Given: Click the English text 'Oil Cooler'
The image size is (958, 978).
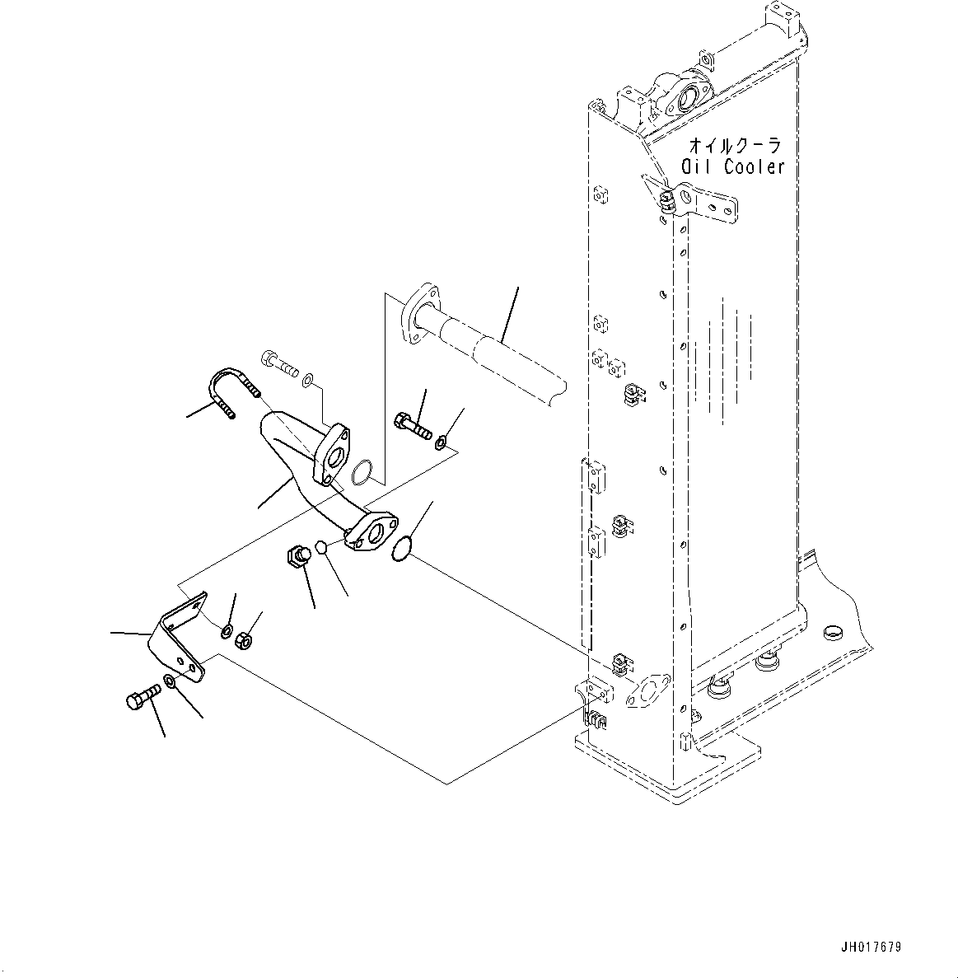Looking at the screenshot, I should coord(733,166).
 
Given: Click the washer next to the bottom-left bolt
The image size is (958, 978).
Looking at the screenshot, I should coord(168,681).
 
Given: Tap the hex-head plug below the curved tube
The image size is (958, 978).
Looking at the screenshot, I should coord(299,555).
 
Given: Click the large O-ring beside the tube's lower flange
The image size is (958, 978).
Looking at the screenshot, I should coord(400,550).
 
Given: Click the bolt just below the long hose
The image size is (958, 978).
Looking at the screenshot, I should coord(412,425).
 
